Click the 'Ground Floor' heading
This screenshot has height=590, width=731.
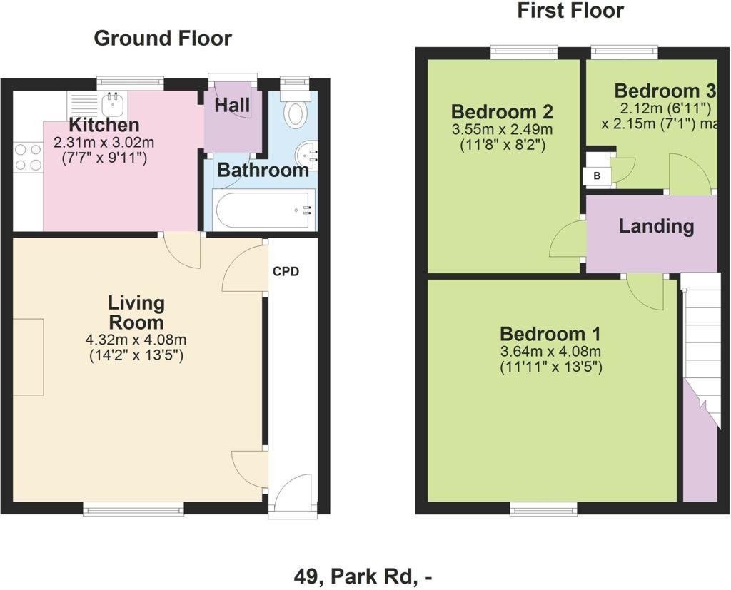pyautogui.click(x=163, y=39)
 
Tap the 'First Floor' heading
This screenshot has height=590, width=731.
pyautogui.click(x=570, y=11)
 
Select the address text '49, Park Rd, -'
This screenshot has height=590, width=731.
pyautogui.click(x=363, y=577)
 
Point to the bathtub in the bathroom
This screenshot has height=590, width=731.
pyautogui.click(x=263, y=209)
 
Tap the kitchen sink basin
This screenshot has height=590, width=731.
pyautogui.click(x=112, y=103)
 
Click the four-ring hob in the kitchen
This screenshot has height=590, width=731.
pyautogui.click(x=28, y=157)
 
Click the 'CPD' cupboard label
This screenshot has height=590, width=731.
pyautogui.click(x=286, y=271)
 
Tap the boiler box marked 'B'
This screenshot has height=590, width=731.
pyautogui.click(x=596, y=176)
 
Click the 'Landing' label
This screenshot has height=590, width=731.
pyautogui.click(x=657, y=226)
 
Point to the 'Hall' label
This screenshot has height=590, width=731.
pyautogui.click(x=232, y=106)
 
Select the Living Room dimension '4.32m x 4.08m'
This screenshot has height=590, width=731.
pyautogui.click(x=136, y=340)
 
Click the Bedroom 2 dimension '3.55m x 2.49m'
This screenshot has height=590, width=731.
pyautogui.click(x=503, y=129)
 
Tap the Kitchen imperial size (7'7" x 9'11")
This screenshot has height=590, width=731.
pyautogui.click(x=104, y=158)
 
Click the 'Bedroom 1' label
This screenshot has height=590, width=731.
pyautogui.click(x=550, y=334)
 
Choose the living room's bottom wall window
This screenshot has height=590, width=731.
pyautogui.click(x=133, y=509)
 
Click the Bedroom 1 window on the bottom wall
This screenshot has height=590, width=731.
pyautogui.click(x=543, y=509)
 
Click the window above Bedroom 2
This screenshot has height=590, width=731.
pyautogui.click(x=524, y=52)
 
